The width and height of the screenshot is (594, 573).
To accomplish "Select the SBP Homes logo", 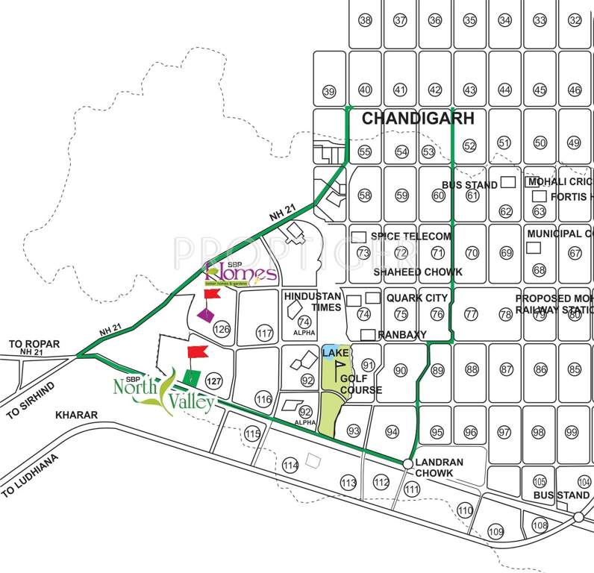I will pos(240,273).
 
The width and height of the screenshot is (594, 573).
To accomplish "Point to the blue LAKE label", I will pos(331,351).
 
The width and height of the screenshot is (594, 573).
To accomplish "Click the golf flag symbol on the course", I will pos(340,366).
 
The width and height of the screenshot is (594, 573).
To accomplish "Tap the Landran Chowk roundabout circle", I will pos(407,464).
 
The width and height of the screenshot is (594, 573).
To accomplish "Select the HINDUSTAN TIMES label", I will pos(312,301).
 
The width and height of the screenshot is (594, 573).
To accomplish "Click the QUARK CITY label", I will pos(417,298).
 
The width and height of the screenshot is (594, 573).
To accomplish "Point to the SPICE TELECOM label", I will pos(411,236).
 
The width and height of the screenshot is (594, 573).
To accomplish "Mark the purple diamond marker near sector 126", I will pos(205,315).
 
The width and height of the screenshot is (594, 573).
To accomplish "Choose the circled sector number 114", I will pos(291,466).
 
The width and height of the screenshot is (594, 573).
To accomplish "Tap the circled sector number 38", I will pos(365,20).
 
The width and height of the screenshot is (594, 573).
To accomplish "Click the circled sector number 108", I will pos(540,525).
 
